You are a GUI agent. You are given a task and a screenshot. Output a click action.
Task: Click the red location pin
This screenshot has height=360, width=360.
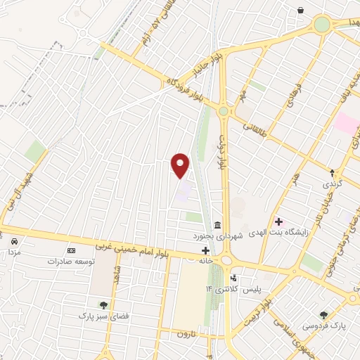181,165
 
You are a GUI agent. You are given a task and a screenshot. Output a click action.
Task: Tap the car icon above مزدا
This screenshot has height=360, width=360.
14,241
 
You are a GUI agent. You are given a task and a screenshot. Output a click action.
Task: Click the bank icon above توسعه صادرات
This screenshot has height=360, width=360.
71,250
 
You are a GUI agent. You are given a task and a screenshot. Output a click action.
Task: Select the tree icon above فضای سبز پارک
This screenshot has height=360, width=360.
104,305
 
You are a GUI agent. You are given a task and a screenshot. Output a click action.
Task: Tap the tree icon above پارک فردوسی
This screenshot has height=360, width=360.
323,315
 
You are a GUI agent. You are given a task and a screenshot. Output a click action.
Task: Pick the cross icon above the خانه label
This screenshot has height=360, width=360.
205,250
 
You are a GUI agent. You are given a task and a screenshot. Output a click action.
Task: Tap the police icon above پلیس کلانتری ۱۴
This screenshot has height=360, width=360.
233,278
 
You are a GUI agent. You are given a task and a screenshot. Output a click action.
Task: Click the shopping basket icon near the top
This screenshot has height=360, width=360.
301,11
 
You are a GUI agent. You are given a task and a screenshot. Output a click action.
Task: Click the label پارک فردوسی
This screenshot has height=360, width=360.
324,326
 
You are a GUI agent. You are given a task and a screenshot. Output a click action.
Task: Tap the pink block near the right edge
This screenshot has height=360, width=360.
345,122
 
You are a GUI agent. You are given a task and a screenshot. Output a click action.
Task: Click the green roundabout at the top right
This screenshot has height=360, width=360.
322,25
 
